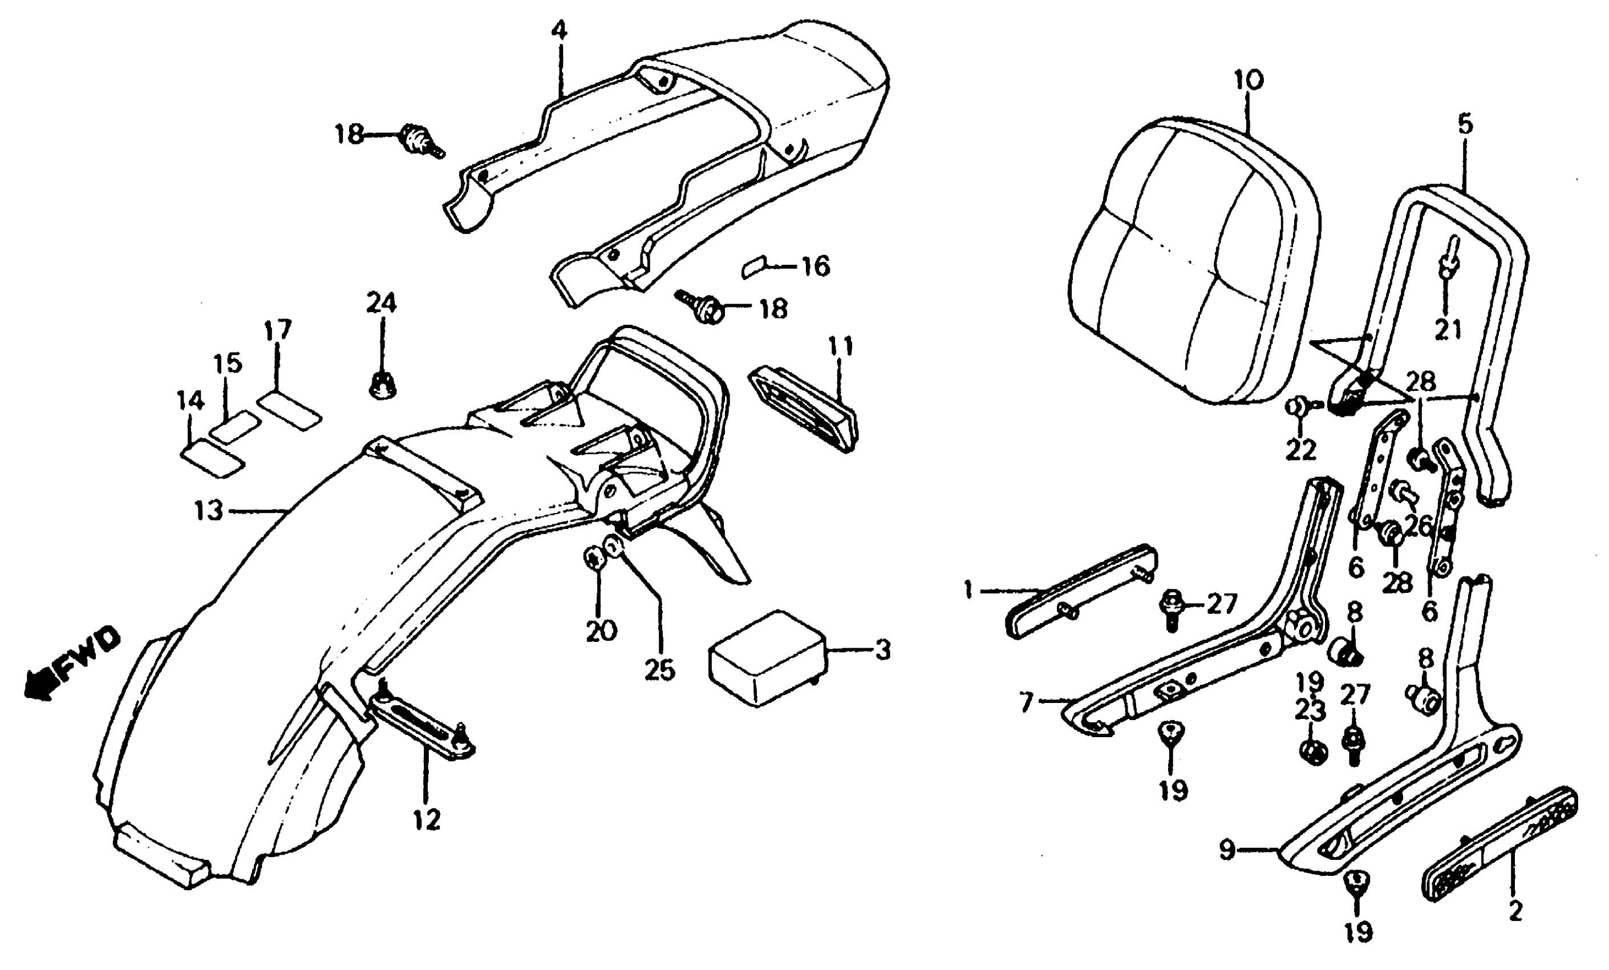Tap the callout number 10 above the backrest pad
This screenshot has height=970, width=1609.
point(1248,80)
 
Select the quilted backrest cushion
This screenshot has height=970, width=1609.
point(1195,261)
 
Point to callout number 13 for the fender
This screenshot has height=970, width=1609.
point(208,510)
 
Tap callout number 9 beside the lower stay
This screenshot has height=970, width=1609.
point(1227,850)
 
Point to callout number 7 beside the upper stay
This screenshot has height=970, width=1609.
point(1027,703)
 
